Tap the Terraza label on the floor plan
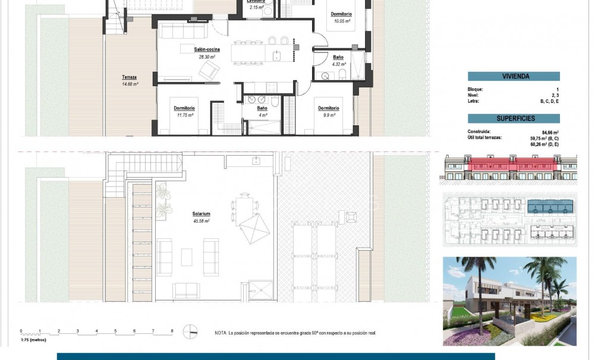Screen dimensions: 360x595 click(130, 77)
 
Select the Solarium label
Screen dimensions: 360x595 click(202, 213)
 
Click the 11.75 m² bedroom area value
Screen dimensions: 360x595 click(185, 115)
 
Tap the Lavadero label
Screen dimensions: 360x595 click(256, 1)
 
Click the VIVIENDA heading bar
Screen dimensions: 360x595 click(514, 76)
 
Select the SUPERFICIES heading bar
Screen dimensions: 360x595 click(514, 118)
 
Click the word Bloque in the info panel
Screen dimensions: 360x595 click(476, 89)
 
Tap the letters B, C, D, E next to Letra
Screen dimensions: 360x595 click(550, 102)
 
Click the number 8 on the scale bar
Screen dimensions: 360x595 click(172, 330)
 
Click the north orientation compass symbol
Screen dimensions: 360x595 click(191, 331)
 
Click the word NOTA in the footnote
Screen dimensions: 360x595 click(221, 333)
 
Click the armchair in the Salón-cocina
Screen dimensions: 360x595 click(209, 71)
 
